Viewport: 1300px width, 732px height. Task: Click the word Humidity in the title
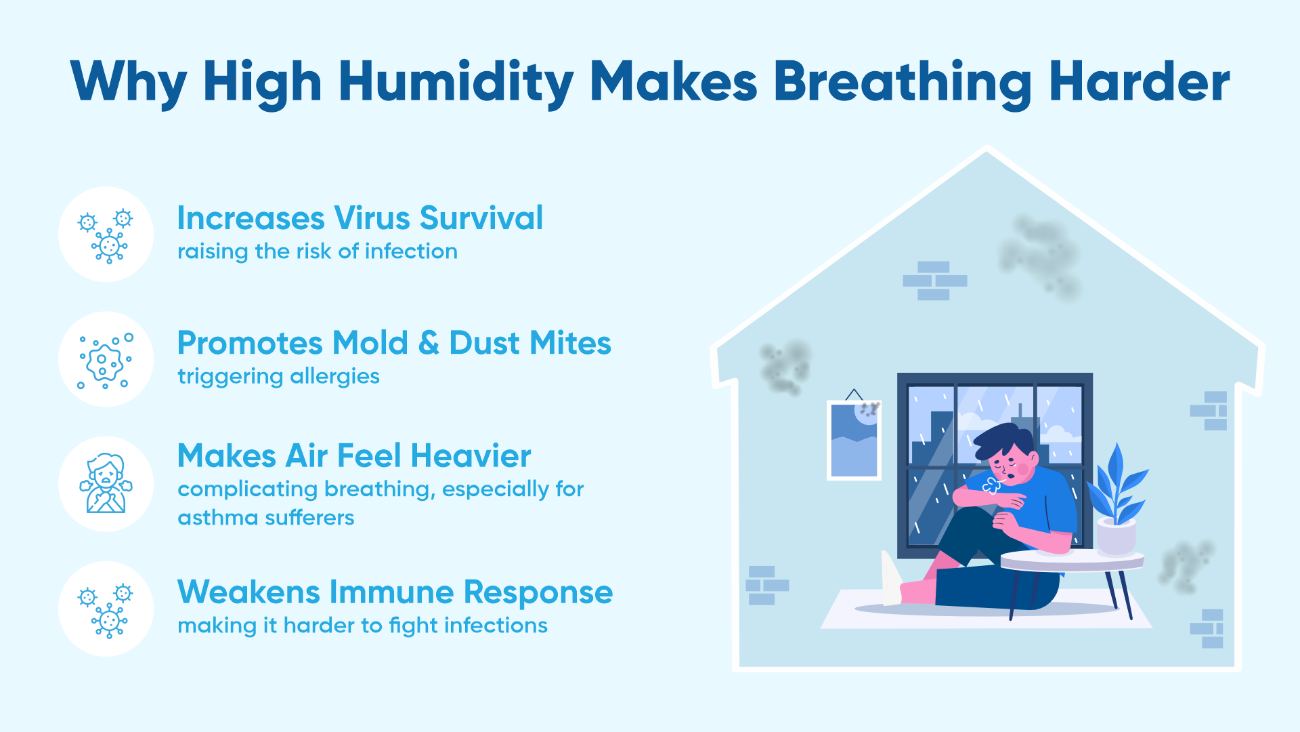(x=456, y=83)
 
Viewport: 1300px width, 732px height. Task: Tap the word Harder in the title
(x=1140, y=82)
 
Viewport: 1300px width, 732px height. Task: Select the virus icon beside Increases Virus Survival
(x=106, y=235)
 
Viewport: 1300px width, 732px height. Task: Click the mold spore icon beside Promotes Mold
(x=106, y=360)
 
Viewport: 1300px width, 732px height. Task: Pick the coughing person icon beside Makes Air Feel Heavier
(x=106, y=484)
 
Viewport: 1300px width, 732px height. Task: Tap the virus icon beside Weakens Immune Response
(x=106, y=610)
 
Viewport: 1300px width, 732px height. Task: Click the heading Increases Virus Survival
(x=360, y=218)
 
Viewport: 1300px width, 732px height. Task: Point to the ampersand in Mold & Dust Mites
(x=429, y=343)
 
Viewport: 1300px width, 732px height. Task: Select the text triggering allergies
(x=278, y=377)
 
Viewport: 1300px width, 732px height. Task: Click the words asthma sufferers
(x=265, y=518)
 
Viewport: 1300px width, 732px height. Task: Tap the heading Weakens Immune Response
(x=395, y=592)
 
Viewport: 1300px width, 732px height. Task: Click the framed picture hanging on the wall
(x=854, y=440)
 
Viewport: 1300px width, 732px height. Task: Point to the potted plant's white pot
(x=1116, y=535)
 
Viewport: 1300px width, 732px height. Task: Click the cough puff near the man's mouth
(x=991, y=485)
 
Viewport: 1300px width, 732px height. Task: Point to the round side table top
(x=1072, y=561)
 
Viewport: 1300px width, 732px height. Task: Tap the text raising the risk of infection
(x=318, y=251)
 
